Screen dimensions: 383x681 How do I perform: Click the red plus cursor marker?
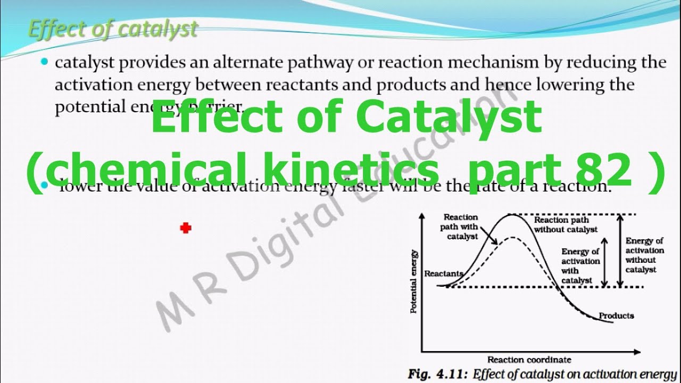pos(185,228)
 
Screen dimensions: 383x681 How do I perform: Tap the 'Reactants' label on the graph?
pos(443,273)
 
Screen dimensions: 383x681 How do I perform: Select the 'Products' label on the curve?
pos(616,315)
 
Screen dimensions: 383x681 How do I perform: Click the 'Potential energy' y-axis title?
pos(414,281)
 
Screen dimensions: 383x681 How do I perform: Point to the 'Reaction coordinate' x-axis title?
pos(529,360)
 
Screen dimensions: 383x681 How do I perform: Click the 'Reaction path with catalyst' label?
pos(461,227)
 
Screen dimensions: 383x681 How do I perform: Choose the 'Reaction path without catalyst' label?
pos(566,224)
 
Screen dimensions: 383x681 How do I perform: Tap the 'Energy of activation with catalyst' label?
pos(580,265)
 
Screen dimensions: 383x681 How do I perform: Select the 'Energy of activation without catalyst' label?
pos(644,255)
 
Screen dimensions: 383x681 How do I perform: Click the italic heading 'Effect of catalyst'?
pos(113,29)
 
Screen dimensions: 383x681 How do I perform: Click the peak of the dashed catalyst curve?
pos(511,237)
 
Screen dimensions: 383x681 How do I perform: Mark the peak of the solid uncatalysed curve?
pos(511,215)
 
